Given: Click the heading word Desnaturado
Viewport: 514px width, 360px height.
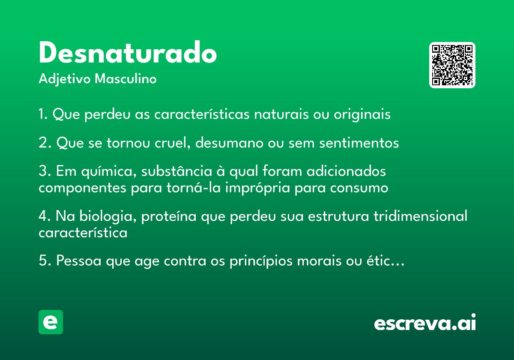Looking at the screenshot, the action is [128, 52].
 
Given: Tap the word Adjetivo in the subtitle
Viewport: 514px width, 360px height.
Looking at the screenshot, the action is [65, 79].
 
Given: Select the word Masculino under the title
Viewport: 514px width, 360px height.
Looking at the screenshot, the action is [126, 79].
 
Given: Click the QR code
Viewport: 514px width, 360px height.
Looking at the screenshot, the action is [452, 65].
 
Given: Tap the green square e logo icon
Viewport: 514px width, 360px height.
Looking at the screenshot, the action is [51, 322].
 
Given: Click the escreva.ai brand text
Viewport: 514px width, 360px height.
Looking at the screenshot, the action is [425, 322].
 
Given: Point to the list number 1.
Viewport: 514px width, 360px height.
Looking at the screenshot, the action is [43, 114].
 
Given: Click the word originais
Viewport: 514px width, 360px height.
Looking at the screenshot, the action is [362, 114].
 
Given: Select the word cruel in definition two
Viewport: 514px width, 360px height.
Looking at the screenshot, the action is [172, 143].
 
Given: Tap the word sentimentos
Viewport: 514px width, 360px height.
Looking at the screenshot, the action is [359, 143].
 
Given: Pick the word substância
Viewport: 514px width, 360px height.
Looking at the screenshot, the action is [176, 171].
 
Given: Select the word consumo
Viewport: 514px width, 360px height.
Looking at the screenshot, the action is [359, 188].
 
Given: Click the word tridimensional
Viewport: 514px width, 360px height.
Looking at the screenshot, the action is [420, 216].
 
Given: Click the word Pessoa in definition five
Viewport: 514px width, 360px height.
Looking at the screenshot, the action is [79, 261].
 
